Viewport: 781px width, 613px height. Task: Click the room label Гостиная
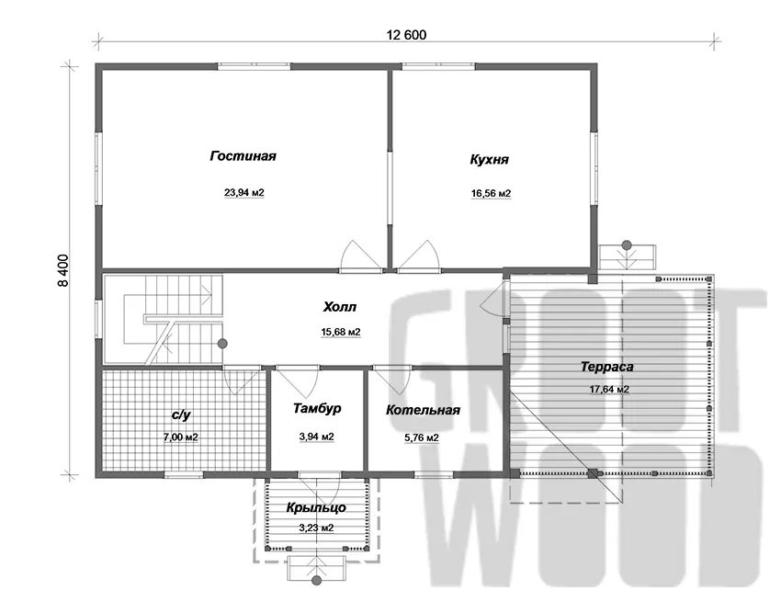click(243, 156)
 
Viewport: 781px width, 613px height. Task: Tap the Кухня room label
click(489, 160)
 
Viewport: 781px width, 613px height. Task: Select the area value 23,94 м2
click(244, 192)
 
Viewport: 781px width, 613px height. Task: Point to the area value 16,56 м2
click(492, 193)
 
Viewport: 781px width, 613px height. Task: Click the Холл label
click(340, 307)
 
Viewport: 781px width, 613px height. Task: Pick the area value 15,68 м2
click(341, 332)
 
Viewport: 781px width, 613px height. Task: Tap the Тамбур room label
click(317, 409)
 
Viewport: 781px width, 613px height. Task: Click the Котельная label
click(423, 410)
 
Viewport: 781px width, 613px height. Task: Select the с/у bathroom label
click(181, 414)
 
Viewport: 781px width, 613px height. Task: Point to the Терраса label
click(607, 367)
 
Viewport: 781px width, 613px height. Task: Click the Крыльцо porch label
click(316, 508)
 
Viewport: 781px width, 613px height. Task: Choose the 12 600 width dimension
click(406, 35)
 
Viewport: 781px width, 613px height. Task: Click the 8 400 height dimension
click(63, 270)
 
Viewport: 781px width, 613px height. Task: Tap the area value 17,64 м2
click(609, 390)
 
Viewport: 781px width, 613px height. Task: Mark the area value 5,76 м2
click(422, 438)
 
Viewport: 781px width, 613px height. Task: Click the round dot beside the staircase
click(222, 344)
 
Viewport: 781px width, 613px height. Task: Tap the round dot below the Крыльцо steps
click(316, 581)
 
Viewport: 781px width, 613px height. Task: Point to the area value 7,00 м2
click(181, 437)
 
